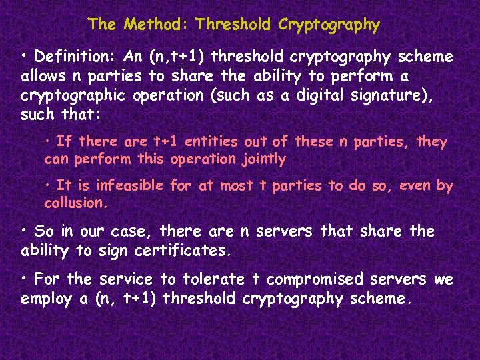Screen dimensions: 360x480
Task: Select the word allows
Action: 44,76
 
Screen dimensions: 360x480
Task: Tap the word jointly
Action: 263,159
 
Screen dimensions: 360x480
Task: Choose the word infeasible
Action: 133,186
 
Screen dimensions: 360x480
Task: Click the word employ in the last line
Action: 47,299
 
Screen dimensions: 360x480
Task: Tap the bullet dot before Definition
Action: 25,54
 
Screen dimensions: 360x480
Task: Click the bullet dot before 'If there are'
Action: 49,140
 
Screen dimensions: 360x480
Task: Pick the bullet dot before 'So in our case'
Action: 25,229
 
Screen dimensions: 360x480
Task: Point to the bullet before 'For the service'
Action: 25,277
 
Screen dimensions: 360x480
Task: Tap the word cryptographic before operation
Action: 74,95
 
